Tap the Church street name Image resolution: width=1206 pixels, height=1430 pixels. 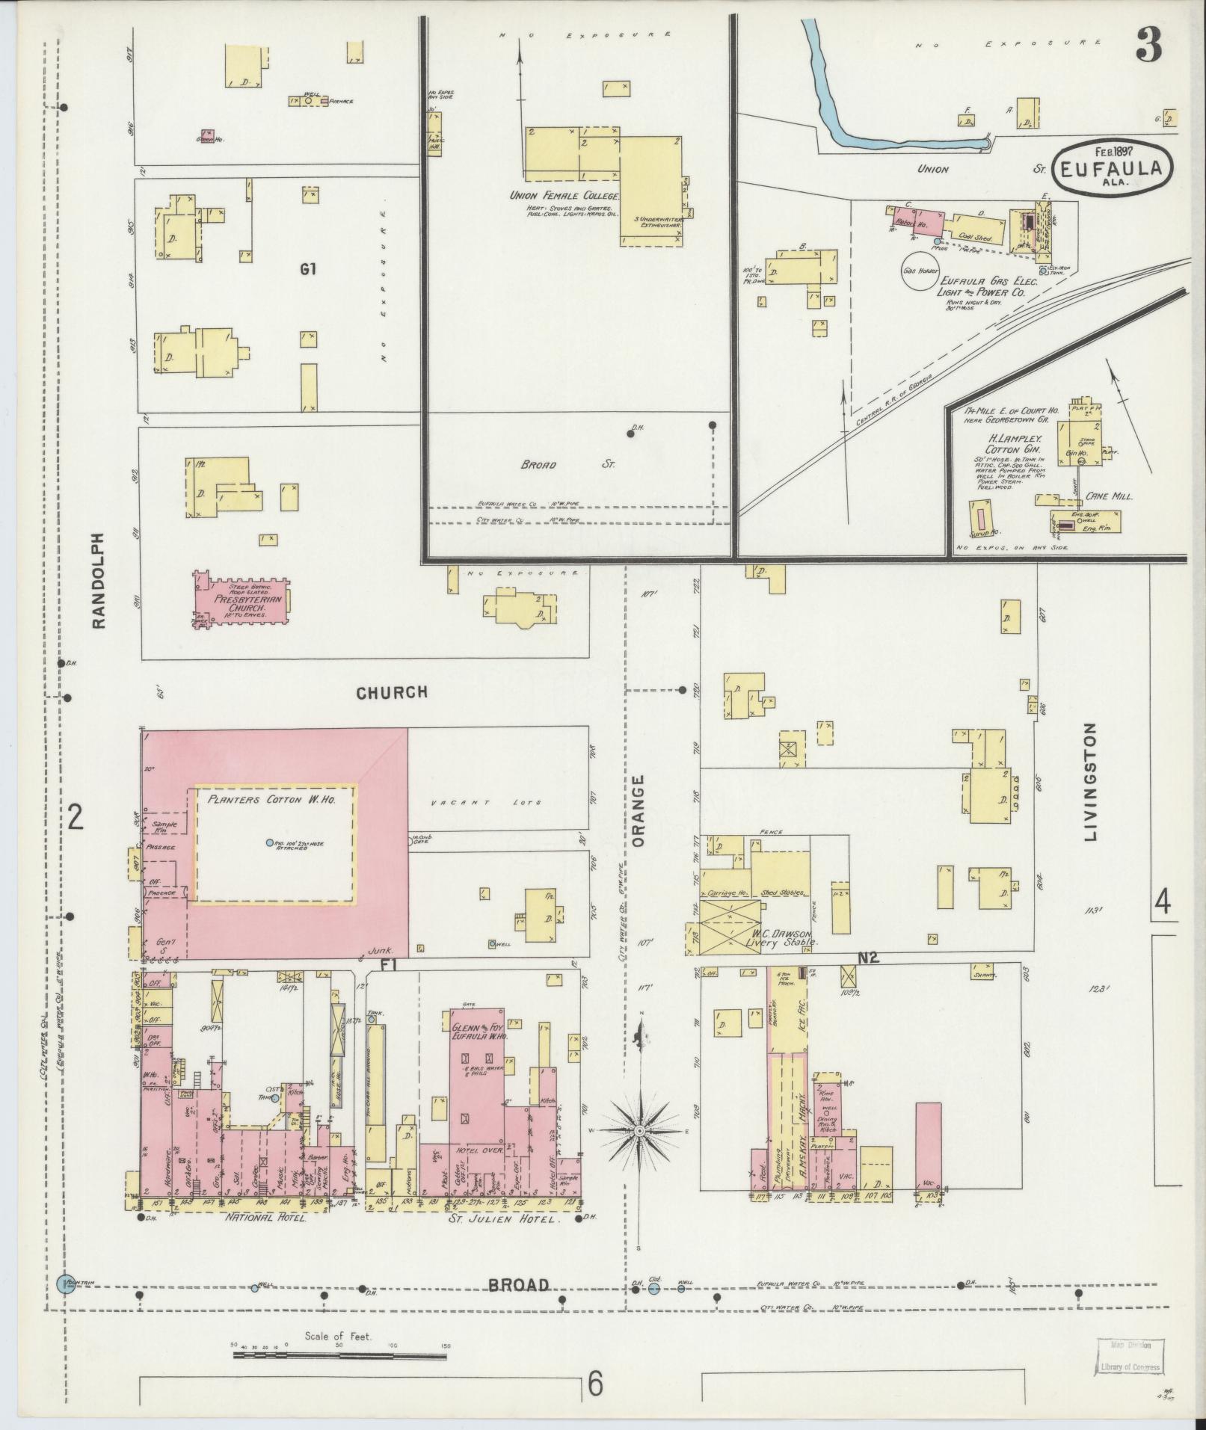pyautogui.click(x=391, y=692)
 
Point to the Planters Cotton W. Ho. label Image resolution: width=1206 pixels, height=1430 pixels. pyautogui.click(x=271, y=799)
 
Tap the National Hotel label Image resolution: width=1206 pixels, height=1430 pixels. pyautogui.click(x=262, y=1218)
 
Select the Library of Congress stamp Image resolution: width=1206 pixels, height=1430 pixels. pyautogui.click(x=1130, y=1362)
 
